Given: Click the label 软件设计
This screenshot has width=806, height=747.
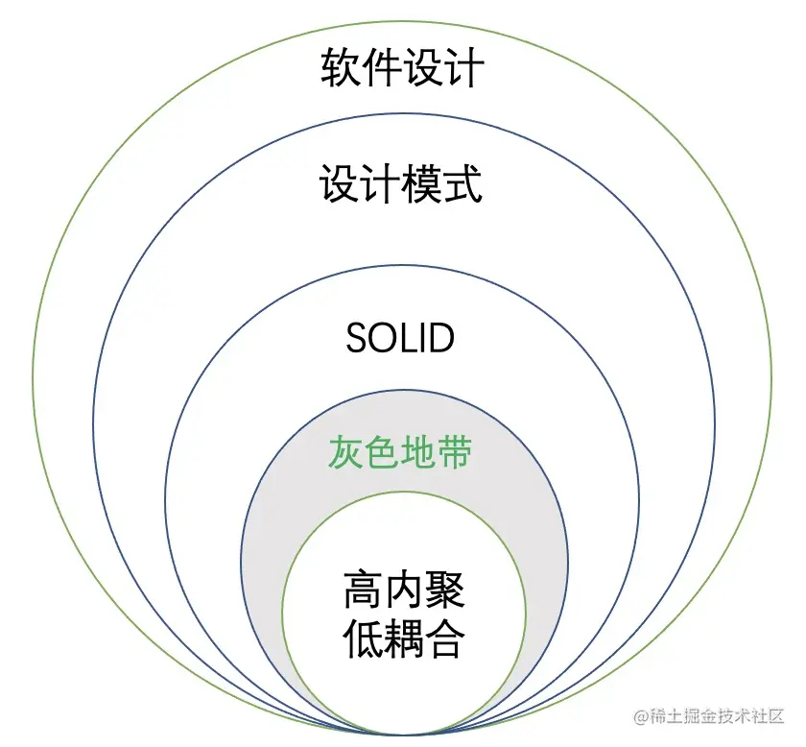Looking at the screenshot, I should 402,70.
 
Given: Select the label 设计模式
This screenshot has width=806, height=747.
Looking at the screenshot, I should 401,183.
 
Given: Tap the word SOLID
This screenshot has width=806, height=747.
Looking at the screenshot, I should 400,338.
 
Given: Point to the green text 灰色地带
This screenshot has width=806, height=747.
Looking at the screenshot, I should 401,452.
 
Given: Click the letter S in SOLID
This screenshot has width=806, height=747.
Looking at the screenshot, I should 356,338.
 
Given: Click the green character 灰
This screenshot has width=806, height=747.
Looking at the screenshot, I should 347,452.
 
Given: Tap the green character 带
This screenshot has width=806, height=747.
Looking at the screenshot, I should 456,452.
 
